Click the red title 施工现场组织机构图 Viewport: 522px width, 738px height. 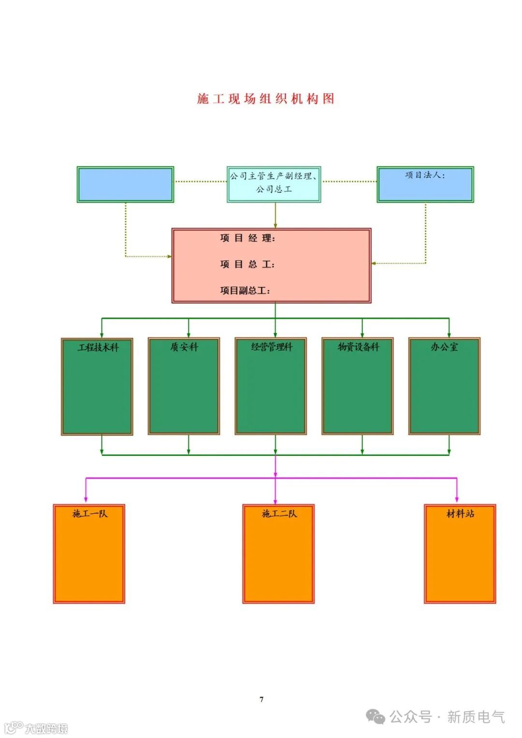click(x=265, y=99)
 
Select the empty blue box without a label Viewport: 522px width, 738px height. click(x=125, y=184)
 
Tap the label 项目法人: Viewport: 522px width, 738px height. click(x=425, y=175)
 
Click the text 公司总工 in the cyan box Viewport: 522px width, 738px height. click(x=274, y=189)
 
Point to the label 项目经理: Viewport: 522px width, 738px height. click(x=247, y=238)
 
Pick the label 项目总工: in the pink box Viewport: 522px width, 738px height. click(x=247, y=264)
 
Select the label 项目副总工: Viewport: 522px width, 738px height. click(x=245, y=290)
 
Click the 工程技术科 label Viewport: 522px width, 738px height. click(x=98, y=347)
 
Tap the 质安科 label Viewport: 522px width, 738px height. click(x=184, y=347)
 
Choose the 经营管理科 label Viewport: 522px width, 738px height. click(x=272, y=347)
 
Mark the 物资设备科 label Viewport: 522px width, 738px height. click(x=358, y=347)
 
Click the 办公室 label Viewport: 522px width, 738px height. click(x=444, y=347)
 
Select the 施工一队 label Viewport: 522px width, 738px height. click(x=89, y=513)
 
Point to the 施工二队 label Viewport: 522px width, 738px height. click(x=279, y=513)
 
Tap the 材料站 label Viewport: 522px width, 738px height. click(x=460, y=513)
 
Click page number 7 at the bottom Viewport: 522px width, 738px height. click(x=261, y=699)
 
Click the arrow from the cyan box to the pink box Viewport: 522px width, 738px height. click(x=275, y=216)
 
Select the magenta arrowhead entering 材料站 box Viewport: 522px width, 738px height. click(x=457, y=499)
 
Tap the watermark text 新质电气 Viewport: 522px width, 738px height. click(x=476, y=716)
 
